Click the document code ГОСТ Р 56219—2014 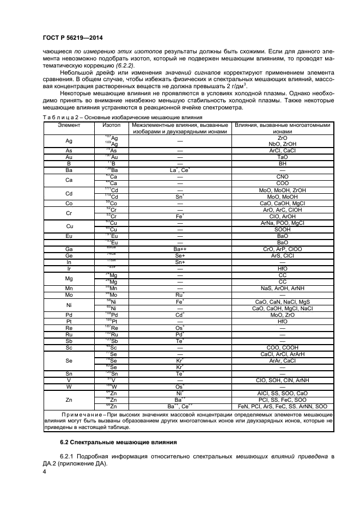click(x=72, y=38)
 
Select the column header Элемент click(x=69, y=125)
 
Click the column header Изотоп click(x=112, y=125)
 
